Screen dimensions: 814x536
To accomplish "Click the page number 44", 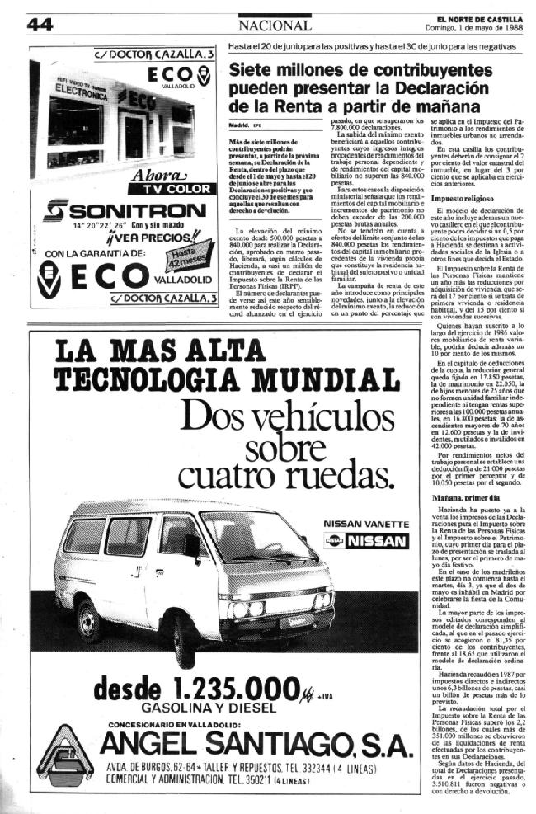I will tap(40, 25).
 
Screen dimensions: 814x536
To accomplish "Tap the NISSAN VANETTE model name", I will tap(364, 525).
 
